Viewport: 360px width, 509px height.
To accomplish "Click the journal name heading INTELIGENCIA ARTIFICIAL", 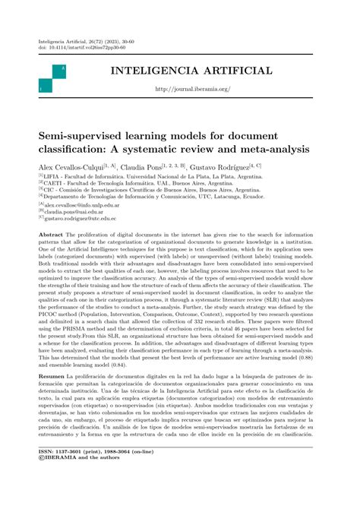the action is click(x=191, y=71).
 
